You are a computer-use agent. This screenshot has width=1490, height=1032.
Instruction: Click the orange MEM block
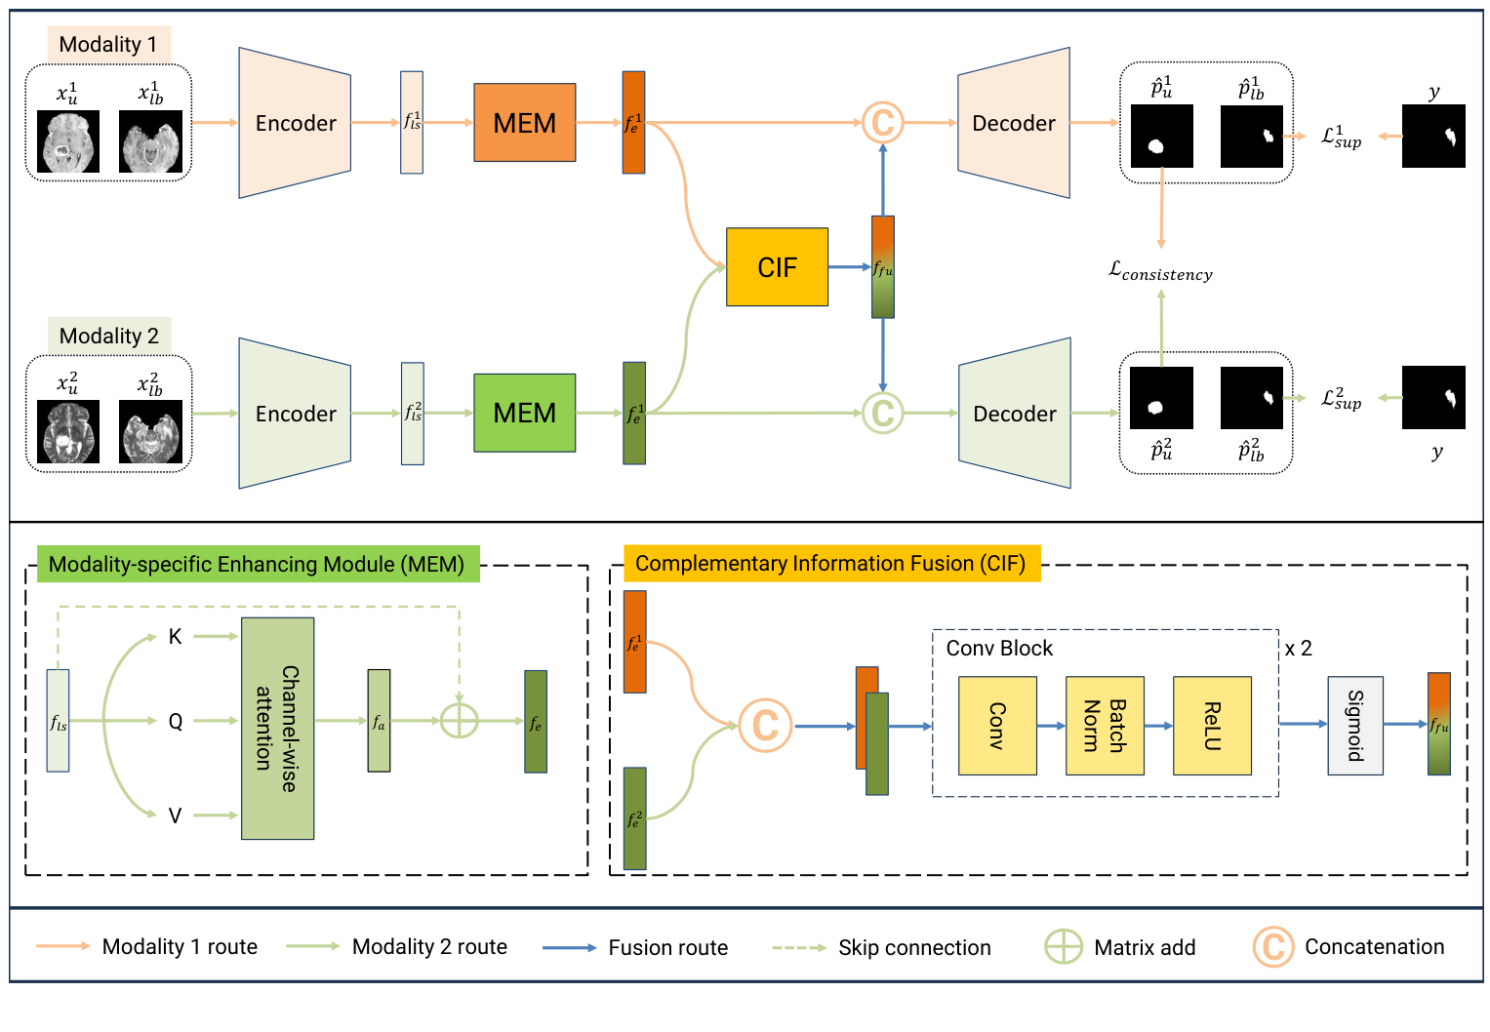(524, 123)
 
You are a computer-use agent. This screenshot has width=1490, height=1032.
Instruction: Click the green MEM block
(524, 414)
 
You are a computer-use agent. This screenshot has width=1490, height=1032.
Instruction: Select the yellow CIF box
(777, 267)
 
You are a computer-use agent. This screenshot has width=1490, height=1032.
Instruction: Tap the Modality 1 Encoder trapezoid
(295, 123)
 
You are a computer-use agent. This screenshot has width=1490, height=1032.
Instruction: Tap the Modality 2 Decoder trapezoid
(1015, 414)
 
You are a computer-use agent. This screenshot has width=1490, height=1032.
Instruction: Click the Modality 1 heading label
(107, 44)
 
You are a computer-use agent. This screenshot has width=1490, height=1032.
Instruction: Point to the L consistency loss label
(1160, 272)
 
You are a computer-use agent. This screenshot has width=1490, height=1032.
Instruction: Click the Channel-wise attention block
(277, 729)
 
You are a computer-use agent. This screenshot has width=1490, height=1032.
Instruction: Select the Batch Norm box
(1105, 726)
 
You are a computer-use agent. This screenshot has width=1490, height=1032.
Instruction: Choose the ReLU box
(1212, 726)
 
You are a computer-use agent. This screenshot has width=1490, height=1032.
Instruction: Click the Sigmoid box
(1354, 726)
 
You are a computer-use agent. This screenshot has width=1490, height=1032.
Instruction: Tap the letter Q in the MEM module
(176, 722)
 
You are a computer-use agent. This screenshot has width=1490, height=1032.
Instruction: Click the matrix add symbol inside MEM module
(459, 721)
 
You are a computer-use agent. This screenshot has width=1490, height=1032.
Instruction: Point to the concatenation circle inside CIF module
(765, 725)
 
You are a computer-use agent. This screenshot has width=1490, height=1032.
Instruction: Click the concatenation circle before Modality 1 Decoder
(882, 123)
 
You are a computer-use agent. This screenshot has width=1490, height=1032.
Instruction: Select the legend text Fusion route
(667, 948)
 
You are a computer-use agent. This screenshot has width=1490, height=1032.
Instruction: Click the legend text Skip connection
(913, 948)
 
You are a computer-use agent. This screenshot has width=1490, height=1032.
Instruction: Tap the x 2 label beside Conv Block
(1298, 649)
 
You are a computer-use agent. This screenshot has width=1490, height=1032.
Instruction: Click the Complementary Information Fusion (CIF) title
(830, 564)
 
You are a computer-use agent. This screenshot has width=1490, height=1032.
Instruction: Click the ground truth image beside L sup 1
(1432, 137)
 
